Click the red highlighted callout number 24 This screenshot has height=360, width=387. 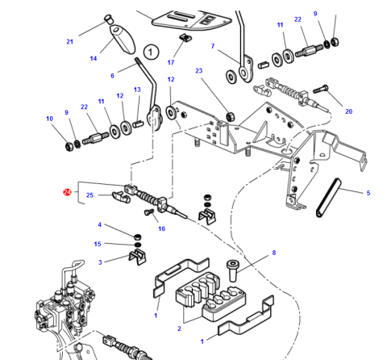click(x=67, y=192)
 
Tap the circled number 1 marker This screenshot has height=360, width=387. click(x=151, y=52)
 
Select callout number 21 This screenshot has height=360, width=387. click(x=69, y=42)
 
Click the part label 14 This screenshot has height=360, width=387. click(x=94, y=58)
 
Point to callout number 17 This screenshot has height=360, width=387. click(x=171, y=62)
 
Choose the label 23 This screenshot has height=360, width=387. click(x=199, y=71)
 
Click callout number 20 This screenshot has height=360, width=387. click(x=348, y=111)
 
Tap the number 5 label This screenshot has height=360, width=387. click(x=368, y=193)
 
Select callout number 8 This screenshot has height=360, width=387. click(x=274, y=253)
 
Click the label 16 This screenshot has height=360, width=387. click(x=161, y=228)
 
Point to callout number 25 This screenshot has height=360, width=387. click(x=89, y=195)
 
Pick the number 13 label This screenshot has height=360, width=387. click(x=137, y=90)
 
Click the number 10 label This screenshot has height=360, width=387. click(x=49, y=119)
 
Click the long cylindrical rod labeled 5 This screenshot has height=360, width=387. click(x=328, y=198)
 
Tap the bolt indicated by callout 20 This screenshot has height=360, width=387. click(x=321, y=89)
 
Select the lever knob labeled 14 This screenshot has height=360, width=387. click(x=123, y=39)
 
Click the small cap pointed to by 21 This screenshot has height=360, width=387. click(x=108, y=19)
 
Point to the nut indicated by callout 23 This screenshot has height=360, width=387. click(x=231, y=117)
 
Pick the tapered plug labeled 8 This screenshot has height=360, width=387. click(x=233, y=270)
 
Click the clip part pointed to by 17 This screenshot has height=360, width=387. click(x=185, y=37)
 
